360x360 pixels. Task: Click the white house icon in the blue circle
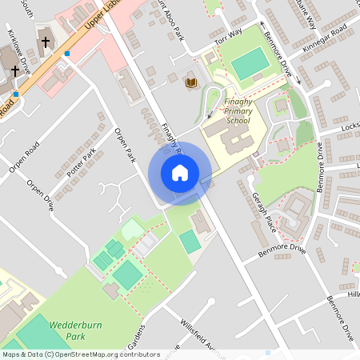pos(180,173)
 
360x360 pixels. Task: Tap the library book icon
pos(190,82)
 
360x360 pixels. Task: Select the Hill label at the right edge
pos(353,294)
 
